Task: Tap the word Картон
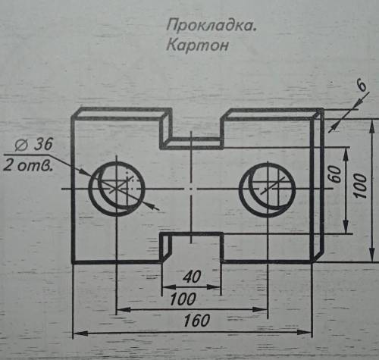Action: click(x=197, y=45)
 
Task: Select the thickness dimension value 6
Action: click(x=362, y=86)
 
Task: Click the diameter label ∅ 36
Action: click(x=33, y=144)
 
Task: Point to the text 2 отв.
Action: click(x=28, y=165)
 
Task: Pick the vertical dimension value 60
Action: click(x=335, y=174)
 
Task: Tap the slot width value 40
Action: click(x=192, y=277)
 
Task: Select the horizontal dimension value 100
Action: click(x=183, y=299)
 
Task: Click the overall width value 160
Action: click(x=196, y=321)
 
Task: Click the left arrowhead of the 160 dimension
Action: click(x=80, y=333)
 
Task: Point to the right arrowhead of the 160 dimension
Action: click(x=305, y=332)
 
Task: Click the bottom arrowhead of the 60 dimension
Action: click(x=346, y=227)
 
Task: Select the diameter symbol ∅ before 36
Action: click(x=20, y=146)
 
